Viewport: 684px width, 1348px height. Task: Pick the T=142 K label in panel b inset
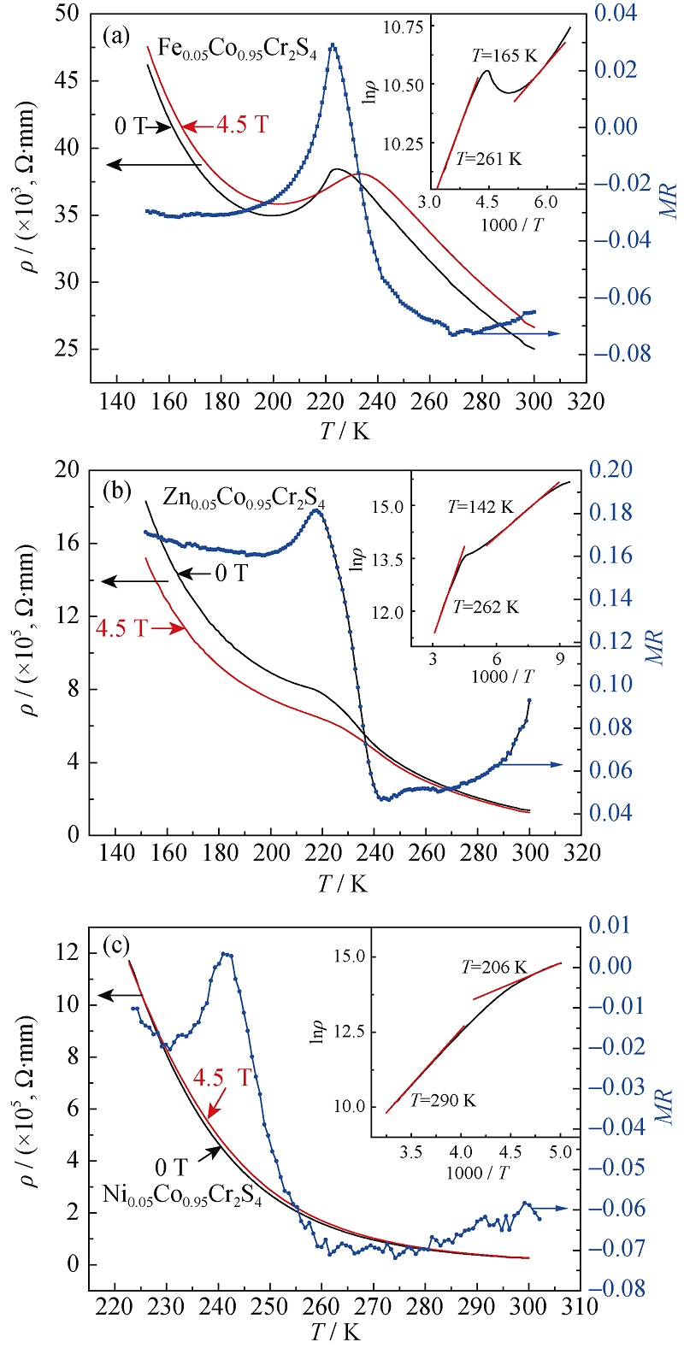pyautogui.click(x=481, y=507)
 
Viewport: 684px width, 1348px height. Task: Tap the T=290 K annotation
pyautogui.click(x=443, y=1100)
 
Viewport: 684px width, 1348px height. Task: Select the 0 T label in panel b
pyautogui.click(x=230, y=574)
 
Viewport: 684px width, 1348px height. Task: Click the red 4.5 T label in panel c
pyautogui.click(x=222, y=1078)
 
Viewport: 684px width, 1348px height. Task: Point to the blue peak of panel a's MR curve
pyautogui.click(x=333, y=46)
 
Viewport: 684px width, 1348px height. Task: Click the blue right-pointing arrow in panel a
pyautogui.click(x=547, y=333)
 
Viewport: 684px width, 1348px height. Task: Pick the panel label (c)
pyautogui.click(x=115, y=946)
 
